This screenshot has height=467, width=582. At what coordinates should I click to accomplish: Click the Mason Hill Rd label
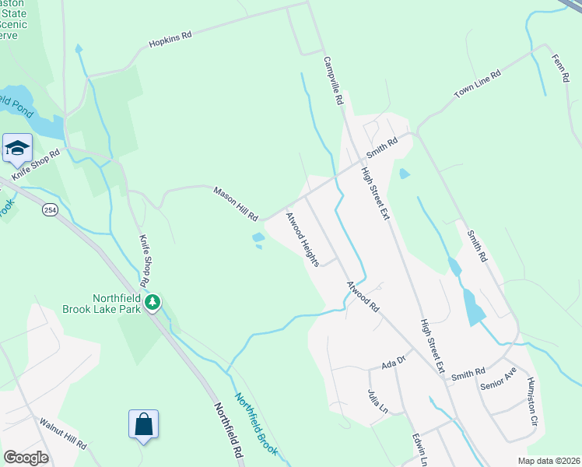click(x=236, y=202)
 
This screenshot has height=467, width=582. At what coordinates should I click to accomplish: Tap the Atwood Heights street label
click(x=303, y=239)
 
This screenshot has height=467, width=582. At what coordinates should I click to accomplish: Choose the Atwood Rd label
click(x=363, y=297)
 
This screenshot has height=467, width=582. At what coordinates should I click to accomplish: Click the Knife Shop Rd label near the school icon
click(x=35, y=163)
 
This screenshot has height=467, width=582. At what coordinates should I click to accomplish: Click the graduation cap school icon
click(x=16, y=148)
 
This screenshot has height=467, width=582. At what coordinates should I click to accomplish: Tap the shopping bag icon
click(x=144, y=425)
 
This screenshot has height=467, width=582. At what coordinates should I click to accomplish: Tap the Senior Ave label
click(x=499, y=378)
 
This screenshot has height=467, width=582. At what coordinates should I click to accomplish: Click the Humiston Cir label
click(x=532, y=398)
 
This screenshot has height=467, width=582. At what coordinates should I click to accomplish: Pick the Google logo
click(x=26, y=458)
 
